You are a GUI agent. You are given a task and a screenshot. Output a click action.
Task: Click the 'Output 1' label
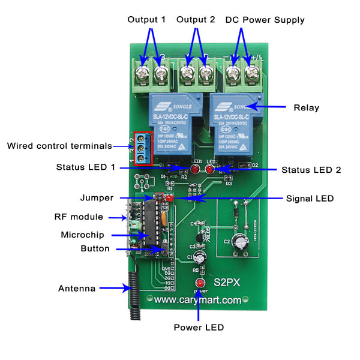146,20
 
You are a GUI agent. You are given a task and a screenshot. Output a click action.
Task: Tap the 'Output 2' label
196,20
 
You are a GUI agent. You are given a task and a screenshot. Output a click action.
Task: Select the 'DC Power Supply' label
265,20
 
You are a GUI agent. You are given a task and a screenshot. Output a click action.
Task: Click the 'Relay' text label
306,108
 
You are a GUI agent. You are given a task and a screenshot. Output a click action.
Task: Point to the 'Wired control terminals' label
59,146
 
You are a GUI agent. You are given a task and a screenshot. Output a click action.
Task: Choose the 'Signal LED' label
310,198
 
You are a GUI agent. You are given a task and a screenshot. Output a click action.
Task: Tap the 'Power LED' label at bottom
199,328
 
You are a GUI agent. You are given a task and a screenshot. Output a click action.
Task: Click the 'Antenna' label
77,289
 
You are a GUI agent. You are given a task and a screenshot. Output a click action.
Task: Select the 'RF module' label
79,217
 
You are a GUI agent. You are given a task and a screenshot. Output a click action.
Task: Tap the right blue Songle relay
235,124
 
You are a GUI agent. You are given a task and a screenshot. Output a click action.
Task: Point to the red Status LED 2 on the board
210,170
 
